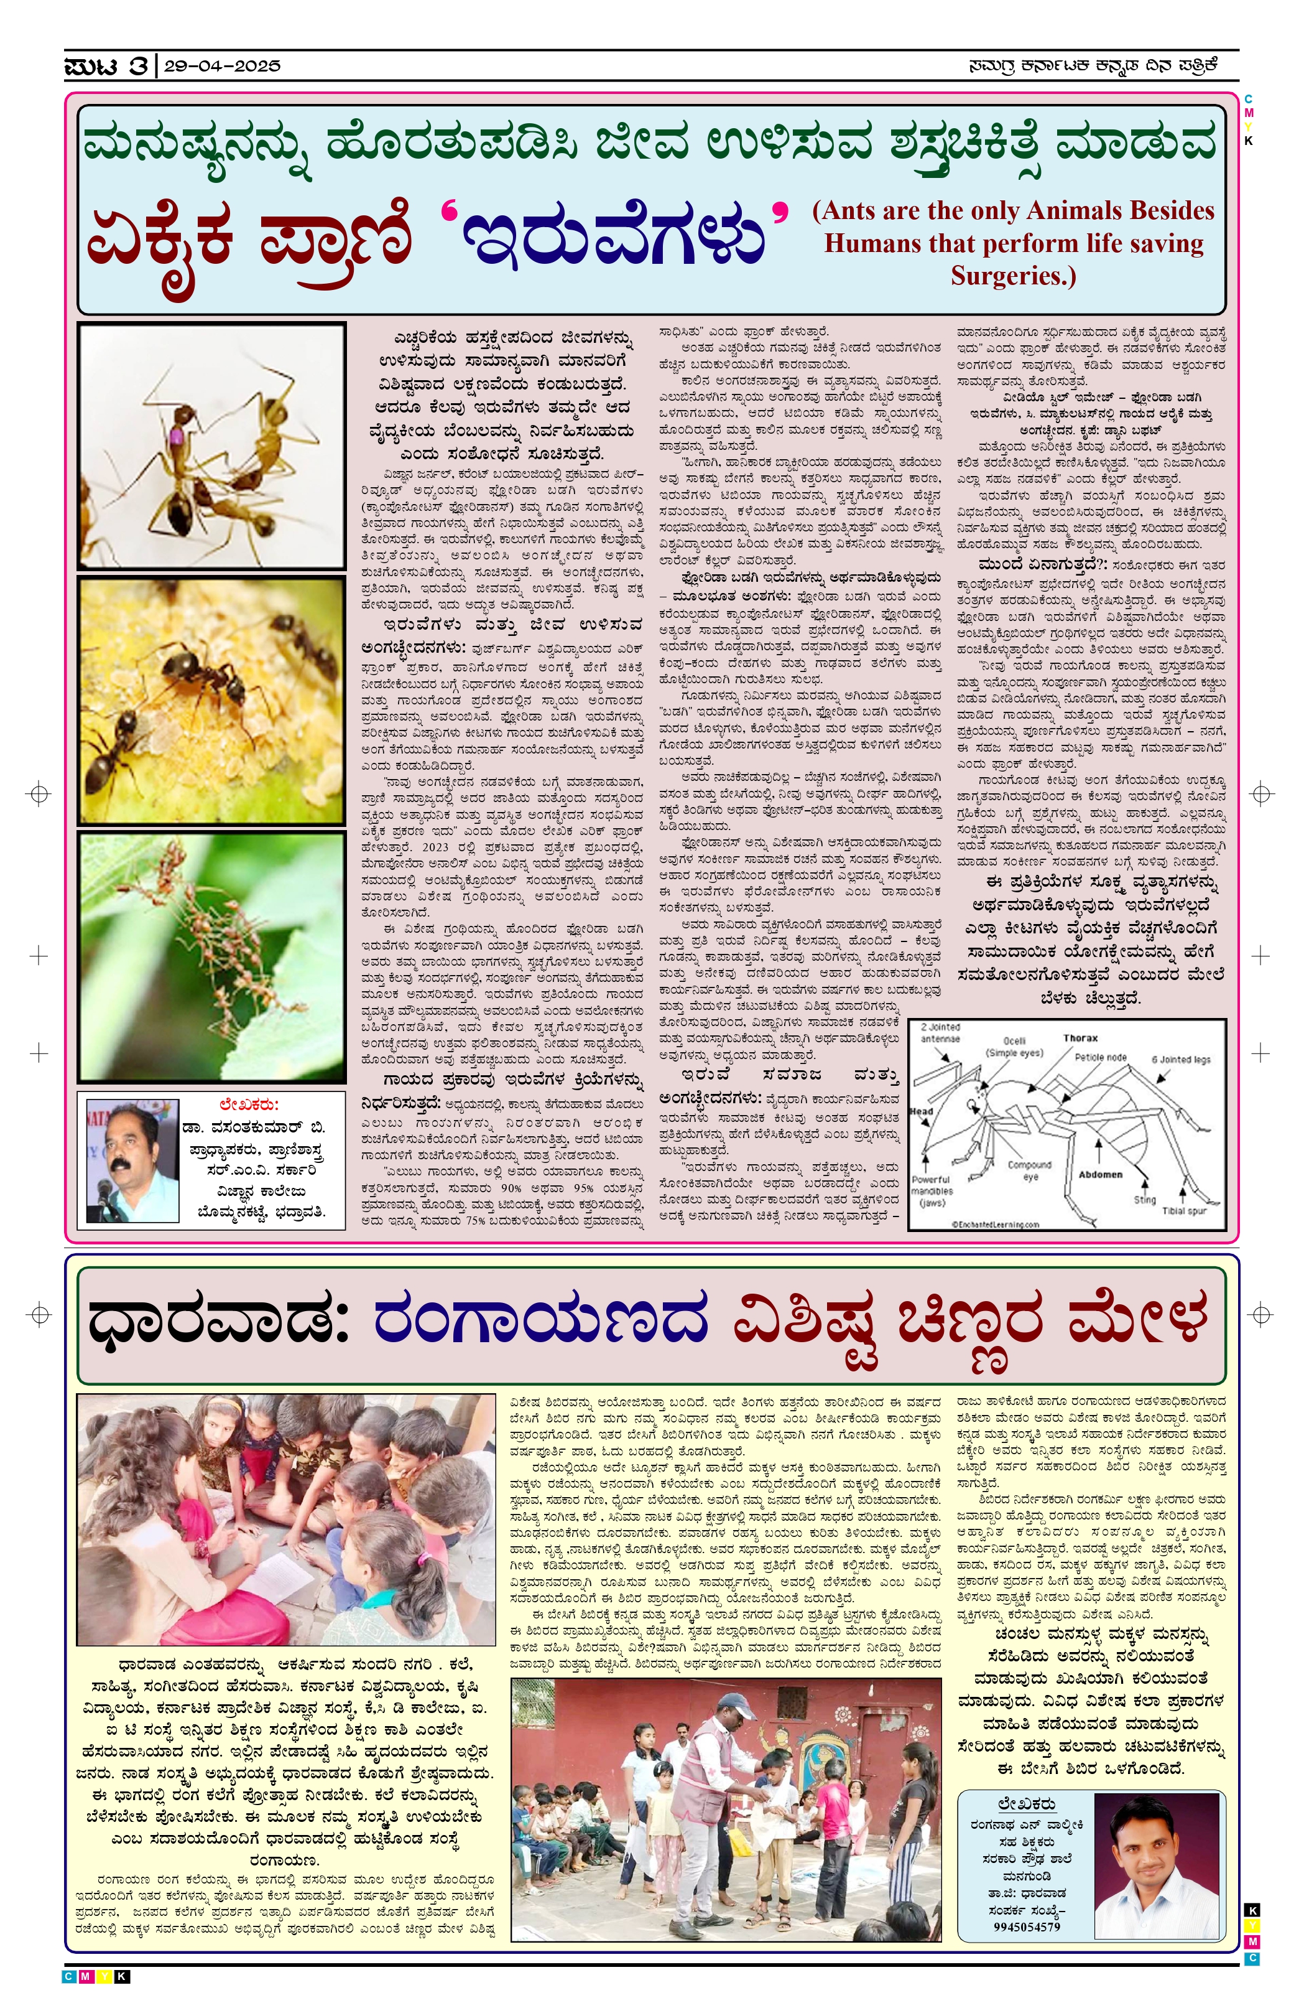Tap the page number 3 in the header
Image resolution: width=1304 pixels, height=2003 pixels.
138,65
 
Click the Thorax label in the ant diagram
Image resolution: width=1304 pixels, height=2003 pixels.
1080,1038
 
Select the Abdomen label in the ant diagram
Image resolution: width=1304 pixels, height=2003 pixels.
1099,1173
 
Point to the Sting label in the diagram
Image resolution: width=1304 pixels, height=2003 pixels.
1144,1199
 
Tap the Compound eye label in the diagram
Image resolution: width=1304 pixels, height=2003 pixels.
1029,1170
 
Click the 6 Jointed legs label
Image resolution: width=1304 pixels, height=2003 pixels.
1180,1058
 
